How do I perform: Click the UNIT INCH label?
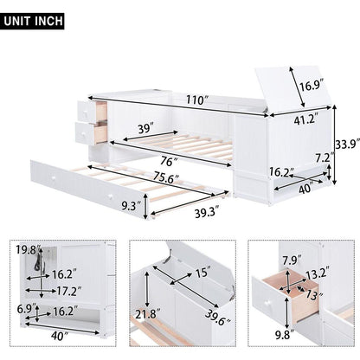click(34, 21)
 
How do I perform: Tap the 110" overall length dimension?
click(196, 100)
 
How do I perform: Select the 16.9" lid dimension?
click(311, 86)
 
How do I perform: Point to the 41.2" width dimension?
click(305, 119)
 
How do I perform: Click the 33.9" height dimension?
click(347, 145)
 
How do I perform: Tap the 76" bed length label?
click(169, 161)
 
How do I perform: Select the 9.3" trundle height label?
click(131, 206)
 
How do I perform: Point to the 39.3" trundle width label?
click(207, 214)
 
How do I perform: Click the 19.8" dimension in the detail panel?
click(29, 250)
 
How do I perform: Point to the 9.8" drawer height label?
click(284, 336)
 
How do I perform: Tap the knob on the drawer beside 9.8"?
click(268, 303)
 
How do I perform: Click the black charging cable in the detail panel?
click(38, 263)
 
